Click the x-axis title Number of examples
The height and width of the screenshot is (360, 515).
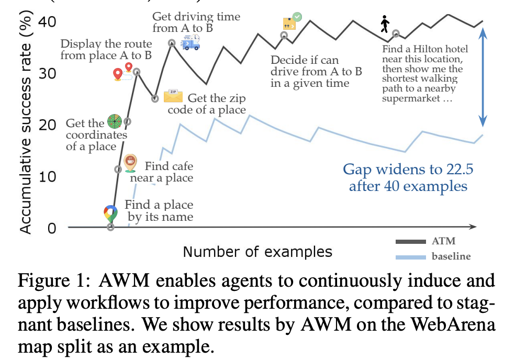point(257,252)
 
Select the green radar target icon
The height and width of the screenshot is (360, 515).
point(115,121)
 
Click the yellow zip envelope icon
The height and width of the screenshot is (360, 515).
point(173,96)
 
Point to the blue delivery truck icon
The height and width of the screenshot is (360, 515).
point(190,42)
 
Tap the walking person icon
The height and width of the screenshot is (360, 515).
point(385,24)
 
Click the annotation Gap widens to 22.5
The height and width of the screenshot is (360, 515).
point(405,177)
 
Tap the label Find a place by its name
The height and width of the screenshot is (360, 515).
point(159,210)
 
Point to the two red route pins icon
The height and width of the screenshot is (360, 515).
point(124,72)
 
